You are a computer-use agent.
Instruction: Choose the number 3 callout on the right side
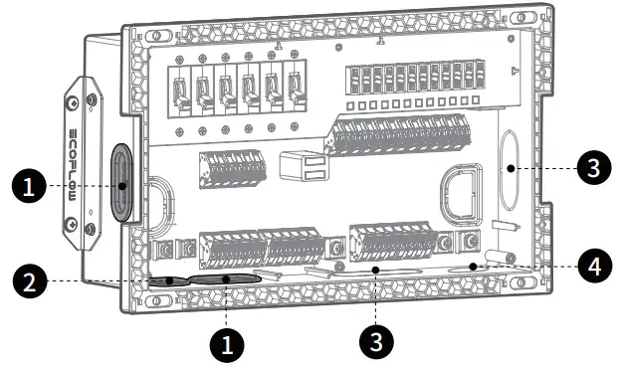pos(593,169)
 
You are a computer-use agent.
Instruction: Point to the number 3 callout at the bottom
pos(375,339)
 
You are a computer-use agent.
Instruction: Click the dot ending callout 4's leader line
pos(476,266)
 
